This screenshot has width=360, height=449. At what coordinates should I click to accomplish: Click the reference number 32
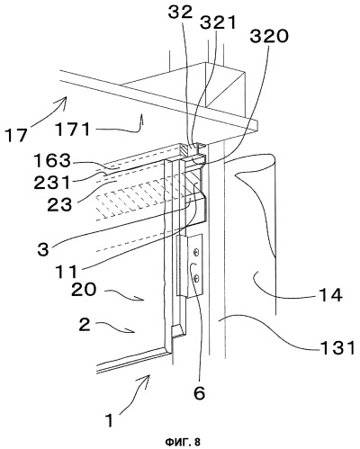pos(180,13)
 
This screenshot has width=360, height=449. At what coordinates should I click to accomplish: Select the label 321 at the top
pos(219,22)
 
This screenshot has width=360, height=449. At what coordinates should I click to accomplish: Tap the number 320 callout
pos(269,37)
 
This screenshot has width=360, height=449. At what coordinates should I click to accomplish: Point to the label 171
pos(72,130)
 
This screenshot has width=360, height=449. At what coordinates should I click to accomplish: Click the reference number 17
pos(17,135)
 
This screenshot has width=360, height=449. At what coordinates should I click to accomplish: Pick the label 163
pos(51,161)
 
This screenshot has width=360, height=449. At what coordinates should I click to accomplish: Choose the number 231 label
pos(52,183)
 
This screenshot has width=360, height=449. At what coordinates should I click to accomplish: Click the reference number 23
pos(59,205)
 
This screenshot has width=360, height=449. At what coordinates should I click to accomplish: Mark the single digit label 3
pos(43,249)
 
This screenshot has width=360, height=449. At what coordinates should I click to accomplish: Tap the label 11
pos(66,272)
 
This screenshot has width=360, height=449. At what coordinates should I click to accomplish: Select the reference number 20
pos(84,290)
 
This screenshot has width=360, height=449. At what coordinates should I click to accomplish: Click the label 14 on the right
pos(331,295)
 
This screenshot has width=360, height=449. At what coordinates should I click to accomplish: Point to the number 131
pos(338,348)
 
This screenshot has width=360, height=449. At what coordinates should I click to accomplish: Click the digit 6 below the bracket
pos(199,393)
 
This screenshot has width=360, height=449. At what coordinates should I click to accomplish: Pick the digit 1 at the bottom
pos(111,420)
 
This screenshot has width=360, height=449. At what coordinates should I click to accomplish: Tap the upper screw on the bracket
pos(195,253)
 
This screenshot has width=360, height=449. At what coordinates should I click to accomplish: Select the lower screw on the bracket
pos(195,279)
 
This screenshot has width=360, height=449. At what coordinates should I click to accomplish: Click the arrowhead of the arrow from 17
pos(65,98)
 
